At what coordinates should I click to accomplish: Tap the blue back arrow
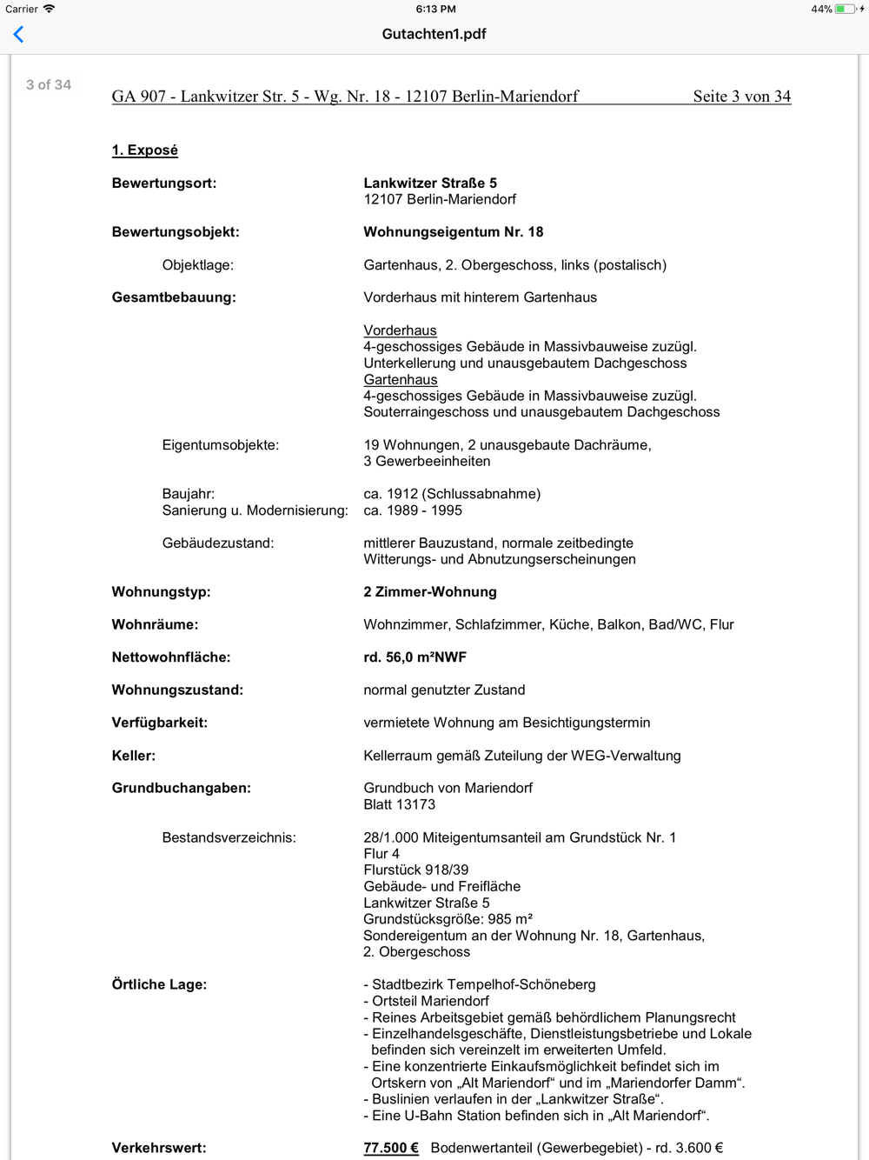pos(18,34)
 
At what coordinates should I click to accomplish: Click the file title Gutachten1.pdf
pos(434,34)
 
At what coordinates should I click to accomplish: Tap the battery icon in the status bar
pos(846,9)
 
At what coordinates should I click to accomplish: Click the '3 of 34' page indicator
pos(49,84)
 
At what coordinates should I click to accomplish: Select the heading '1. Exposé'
pos(144,150)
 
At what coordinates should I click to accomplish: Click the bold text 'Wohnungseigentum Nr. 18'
pos(453,232)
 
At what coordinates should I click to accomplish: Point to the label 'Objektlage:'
pos(197,265)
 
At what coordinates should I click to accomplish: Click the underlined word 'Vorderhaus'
pos(400,330)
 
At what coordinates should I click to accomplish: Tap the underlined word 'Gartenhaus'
pos(400,380)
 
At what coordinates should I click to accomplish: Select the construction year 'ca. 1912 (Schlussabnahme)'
pos(452,494)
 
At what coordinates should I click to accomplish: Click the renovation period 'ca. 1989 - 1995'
pos(413,510)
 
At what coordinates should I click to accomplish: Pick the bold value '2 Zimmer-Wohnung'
pos(430,592)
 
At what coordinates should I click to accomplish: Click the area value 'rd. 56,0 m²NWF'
pos(415,657)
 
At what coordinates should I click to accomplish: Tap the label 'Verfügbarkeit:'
pos(159,723)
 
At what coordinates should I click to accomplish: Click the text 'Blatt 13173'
pos(399,804)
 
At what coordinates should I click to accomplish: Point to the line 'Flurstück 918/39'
pos(415,870)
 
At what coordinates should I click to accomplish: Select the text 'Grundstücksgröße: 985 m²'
pos(448,919)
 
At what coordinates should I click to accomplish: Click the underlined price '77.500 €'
pos(390,1148)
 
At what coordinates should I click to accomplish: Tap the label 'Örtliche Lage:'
pos(159,984)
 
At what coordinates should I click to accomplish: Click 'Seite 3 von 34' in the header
pos(741,97)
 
